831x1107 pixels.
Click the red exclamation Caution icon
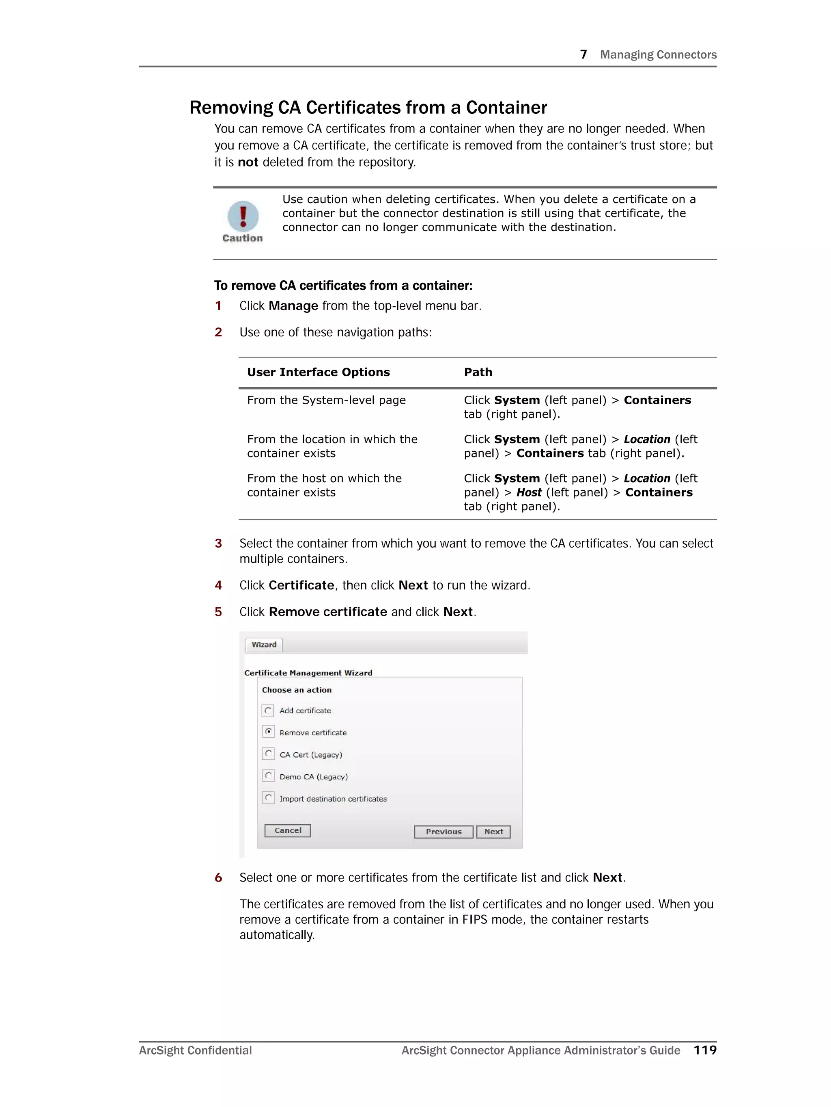(243, 216)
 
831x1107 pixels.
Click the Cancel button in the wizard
(288, 830)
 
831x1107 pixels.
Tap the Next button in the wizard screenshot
(493, 831)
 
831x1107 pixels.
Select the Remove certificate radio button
(269, 732)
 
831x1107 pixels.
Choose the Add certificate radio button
(269, 710)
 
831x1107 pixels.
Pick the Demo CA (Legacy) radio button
(269, 776)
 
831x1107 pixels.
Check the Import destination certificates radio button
(269, 798)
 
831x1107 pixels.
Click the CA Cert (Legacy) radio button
(269, 754)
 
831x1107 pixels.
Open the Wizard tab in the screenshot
(264, 645)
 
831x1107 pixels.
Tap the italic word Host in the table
(528, 492)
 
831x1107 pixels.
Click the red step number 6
(218, 878)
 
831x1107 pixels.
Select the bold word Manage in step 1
(293, 306)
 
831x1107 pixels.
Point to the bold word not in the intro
(248, 162)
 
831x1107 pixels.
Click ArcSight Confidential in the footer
(195, 1051)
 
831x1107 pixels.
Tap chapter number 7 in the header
(583, 54)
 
